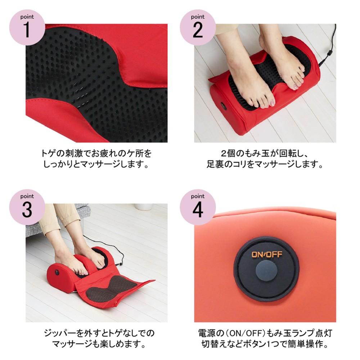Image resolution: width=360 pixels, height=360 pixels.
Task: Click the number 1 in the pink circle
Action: tap(27, 30)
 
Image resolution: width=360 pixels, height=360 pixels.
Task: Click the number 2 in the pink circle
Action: tap(198, 30)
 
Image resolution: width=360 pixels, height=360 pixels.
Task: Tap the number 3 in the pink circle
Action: tap(27, 210)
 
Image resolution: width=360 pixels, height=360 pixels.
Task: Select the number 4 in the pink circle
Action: tap(198, 210)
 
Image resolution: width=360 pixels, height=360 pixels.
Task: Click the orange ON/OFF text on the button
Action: tap(266, 255)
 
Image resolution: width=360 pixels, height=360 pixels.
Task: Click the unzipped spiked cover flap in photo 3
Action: tap(115, 288)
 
